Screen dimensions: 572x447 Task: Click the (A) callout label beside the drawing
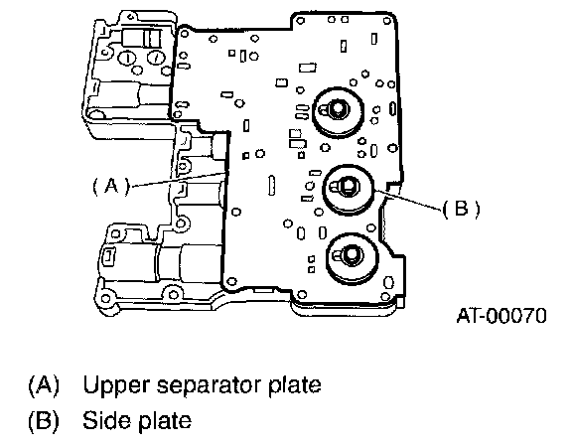click(x=111, y=187)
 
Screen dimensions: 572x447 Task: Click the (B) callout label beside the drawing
click(x=461, y=209)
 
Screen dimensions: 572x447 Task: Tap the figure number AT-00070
click(x=501, y=316)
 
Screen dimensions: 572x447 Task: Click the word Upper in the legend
click(x=116, y=386)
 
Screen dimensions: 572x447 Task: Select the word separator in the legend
click(x=209, y=386)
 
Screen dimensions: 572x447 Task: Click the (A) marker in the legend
click(x=44, y=385)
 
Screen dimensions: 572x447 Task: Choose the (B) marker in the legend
click(x=44, y=421)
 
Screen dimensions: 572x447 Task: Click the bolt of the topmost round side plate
click(x=338, y=108)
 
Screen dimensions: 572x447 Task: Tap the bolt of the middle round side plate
click(x=349, y=186)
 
